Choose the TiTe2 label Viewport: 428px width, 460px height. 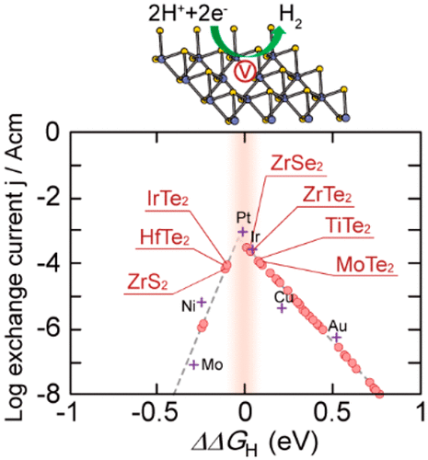349,227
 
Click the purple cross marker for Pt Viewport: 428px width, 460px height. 243,233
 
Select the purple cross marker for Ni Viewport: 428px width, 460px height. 202,302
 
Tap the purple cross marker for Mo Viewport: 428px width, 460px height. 193,364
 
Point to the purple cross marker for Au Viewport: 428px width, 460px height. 337,337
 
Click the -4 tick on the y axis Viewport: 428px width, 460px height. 52,264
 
